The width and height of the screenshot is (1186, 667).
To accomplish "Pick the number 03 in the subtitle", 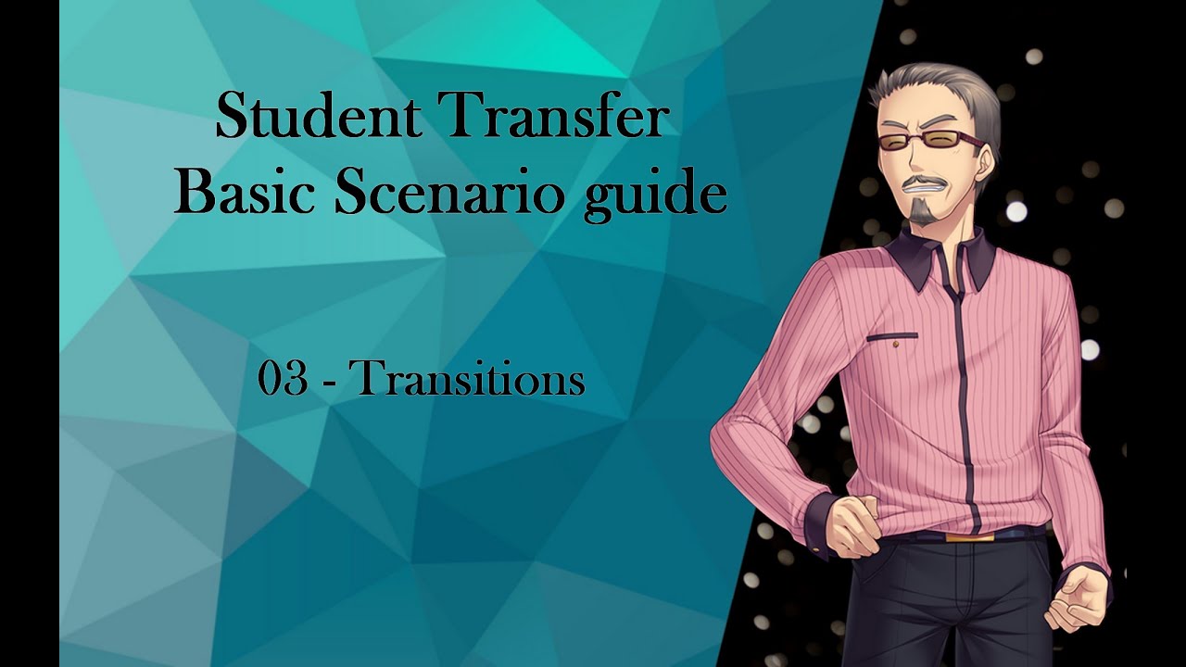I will [283, 380].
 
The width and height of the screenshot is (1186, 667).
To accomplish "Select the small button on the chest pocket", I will [896, 345].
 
